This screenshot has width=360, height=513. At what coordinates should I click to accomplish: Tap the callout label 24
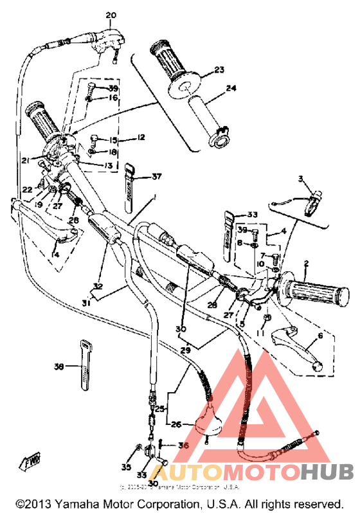[231, 89]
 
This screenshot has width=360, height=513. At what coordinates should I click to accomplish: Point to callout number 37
[157, 177]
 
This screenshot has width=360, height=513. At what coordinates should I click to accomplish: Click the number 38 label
[59, 367]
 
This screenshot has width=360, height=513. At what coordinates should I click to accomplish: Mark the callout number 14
[56, 255]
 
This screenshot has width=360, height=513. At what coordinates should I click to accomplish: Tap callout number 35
[125, 467]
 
